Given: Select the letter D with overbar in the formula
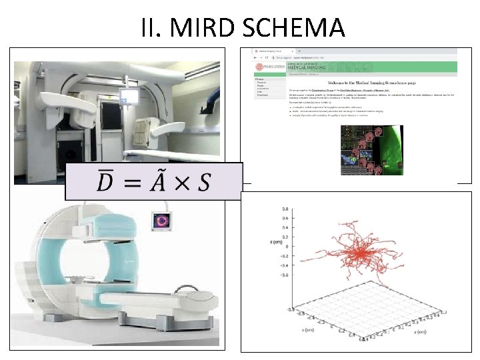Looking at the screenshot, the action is [x=105, y=181].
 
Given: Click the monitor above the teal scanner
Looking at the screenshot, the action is [x=162, y=219].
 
